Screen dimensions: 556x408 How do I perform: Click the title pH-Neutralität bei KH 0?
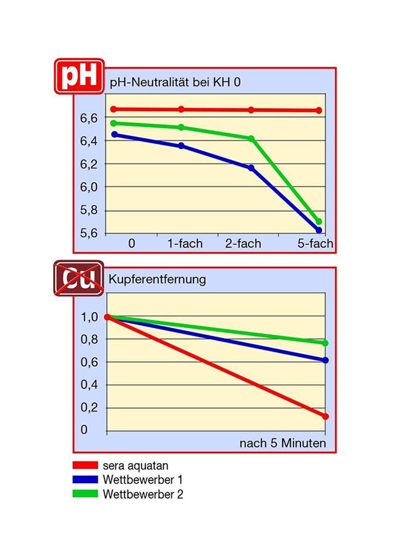pyautogui.click(x=175, y=82)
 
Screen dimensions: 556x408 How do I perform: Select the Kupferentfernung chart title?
pyautogui.click(x=158, y=280)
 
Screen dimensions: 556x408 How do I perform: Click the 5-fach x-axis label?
pyautogui.click(x=315, y=244)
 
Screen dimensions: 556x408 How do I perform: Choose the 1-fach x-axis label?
pyautogui.click(x=185, y=244)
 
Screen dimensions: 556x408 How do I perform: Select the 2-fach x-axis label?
pyautogui.click(x=243, y=244)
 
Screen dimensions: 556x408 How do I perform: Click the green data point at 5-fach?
pyautogui.click(x=319, y=221)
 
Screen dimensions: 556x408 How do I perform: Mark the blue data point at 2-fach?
pyautogui.click(x=251, y=168)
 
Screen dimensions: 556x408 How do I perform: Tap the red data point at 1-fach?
pyautogui.click(x=181, y=109)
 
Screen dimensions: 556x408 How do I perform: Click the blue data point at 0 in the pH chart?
pyautogui.click(x=114, y=134)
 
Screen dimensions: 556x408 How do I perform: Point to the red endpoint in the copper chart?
pyautogui.click(x=325, y=416)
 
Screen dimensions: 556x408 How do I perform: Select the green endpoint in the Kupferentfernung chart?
pyautogui.click(x=325, y=343)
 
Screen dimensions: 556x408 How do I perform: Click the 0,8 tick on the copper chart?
pyautogui.click(x=89, y=340)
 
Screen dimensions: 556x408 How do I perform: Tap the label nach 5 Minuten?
pyautogui.click(x=283, y=444)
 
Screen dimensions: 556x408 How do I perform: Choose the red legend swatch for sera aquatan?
pyautogui.click(x=85, y=465)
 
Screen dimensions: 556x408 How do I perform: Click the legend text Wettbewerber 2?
pyautogui.click(x=143, y=494)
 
